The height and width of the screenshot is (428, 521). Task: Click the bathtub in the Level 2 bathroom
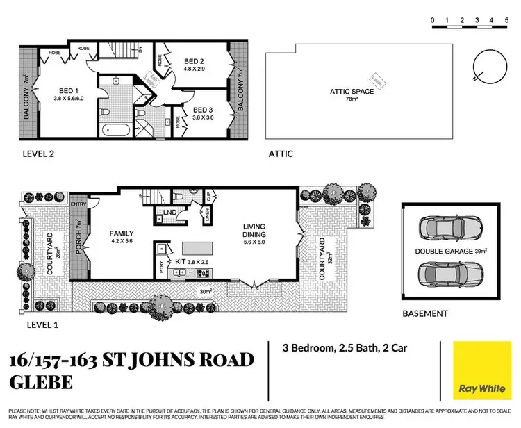click(x=113, y=130)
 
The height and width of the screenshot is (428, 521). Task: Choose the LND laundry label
click(x=169, y=213)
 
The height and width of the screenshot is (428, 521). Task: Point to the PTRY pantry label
click(x=161, y=266)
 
